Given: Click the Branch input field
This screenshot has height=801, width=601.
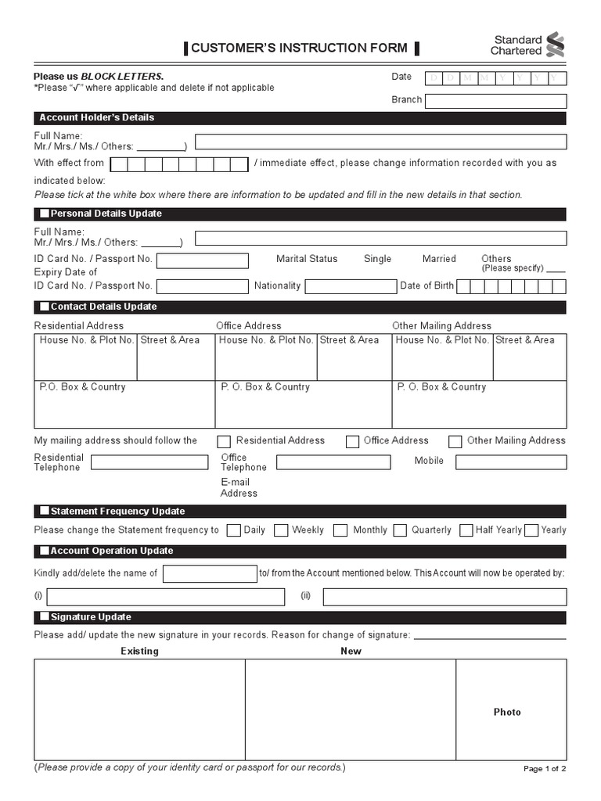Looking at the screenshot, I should [495, 101].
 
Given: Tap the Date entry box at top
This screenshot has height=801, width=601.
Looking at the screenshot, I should [495, 77].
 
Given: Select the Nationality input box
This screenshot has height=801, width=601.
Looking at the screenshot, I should [350, 286].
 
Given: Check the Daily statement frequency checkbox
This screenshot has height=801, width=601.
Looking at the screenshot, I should [233, 530].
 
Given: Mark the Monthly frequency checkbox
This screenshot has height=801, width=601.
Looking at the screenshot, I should [340, 530].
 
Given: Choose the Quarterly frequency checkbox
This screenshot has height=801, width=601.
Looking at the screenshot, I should [399, 530].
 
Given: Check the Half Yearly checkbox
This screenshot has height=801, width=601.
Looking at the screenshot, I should [466, 530].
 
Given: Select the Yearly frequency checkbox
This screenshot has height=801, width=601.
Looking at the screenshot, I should [531, 530].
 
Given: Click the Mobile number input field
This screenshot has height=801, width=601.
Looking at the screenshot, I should [511, 462].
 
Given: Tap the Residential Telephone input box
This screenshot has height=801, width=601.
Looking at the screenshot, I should [149, 462].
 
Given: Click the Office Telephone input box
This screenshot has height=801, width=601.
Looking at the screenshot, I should [333, 462].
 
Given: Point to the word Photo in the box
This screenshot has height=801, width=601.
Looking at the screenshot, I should [507, 712].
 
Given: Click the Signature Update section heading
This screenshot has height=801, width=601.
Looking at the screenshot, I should [91, 617].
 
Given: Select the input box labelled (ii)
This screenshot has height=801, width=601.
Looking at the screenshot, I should [444, 598].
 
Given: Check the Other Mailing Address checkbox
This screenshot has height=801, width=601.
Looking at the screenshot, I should [455, 441].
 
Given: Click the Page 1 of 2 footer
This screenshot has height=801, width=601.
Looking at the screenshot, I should [544, 769].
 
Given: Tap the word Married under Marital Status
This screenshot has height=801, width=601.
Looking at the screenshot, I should [439, 259].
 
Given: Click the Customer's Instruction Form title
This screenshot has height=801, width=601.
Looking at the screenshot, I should [300, 48].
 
